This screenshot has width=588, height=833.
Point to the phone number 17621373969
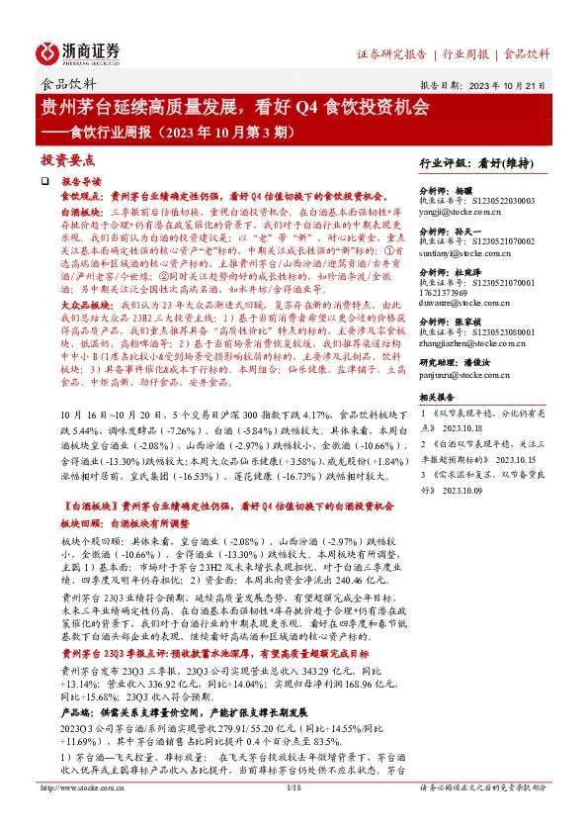449,293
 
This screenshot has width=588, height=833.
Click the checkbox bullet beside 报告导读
43,183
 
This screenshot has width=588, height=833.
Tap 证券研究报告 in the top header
390,53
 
